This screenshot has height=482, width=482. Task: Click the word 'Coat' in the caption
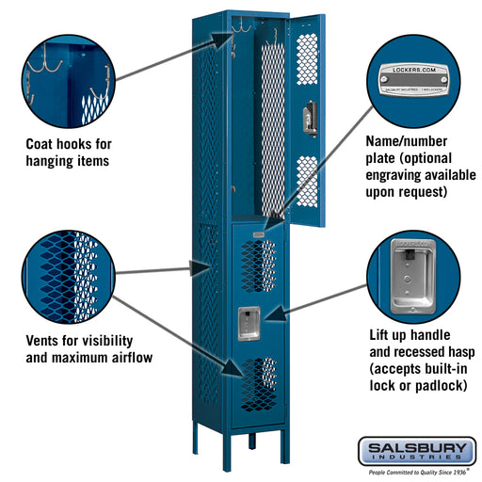pyautogui.click(x=43, y=144)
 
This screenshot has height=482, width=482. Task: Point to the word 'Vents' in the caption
pyautogui.click(x=46, y=340)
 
